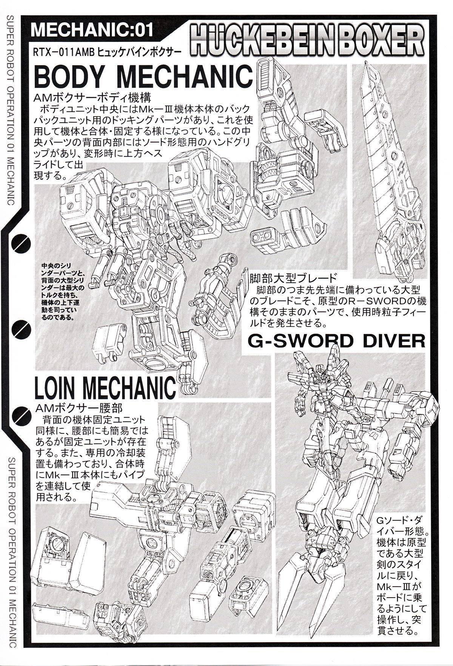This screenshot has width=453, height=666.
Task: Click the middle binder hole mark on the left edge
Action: [x=18, y=328]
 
